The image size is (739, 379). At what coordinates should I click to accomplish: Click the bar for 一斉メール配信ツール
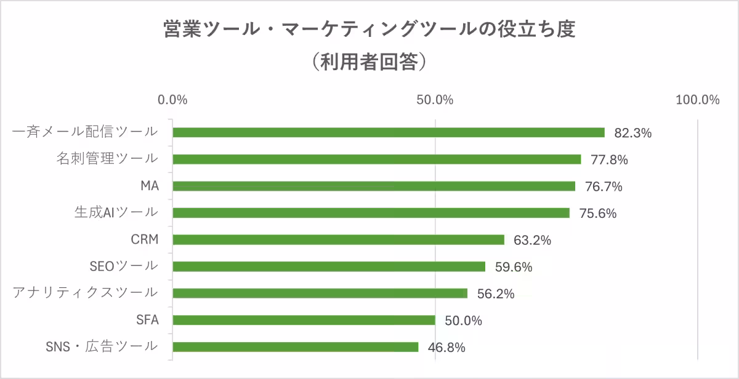tap(388, 132)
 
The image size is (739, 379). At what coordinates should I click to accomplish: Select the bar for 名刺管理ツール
tap(376, 159)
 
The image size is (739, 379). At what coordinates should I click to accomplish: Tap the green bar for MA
tap(373, 186)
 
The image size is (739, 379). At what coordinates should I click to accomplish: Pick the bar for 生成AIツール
tap(371, 213)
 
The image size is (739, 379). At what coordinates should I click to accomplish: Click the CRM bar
tap(338, 240)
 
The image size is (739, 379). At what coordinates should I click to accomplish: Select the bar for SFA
tap(304, 320)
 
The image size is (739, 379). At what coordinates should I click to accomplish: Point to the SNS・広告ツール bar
tap(295, 347)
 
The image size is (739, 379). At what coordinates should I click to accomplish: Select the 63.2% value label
tap(531, 241)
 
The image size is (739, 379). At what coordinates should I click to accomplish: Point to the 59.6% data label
tap(513, 267)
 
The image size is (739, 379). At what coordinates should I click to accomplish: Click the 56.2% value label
tap(495, 294)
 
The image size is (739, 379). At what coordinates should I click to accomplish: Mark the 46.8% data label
tap(446, 348)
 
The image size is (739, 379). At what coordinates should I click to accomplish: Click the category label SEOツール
tap(124, 266)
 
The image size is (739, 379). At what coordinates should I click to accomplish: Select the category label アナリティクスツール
tap(85, 293)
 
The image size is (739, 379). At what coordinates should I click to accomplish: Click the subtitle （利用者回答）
tap(369, 62)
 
